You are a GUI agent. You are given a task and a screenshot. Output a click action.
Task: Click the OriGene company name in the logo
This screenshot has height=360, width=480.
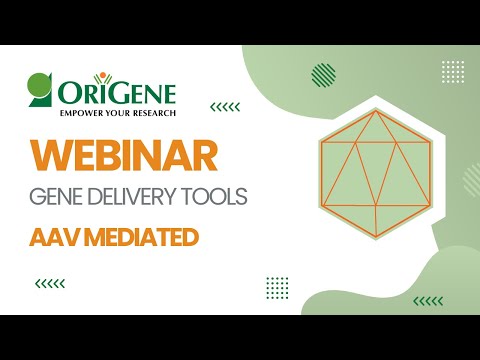pos(116,93)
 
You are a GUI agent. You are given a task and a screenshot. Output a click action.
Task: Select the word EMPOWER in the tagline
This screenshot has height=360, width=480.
pos(59,113)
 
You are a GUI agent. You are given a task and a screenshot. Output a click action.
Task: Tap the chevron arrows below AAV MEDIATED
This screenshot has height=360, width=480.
pos(50,283)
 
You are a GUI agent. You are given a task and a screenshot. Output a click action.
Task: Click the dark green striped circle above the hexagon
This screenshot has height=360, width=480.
pos(323,75)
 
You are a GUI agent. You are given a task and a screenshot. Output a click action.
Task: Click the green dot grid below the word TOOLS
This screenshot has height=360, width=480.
pos(277,287)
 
